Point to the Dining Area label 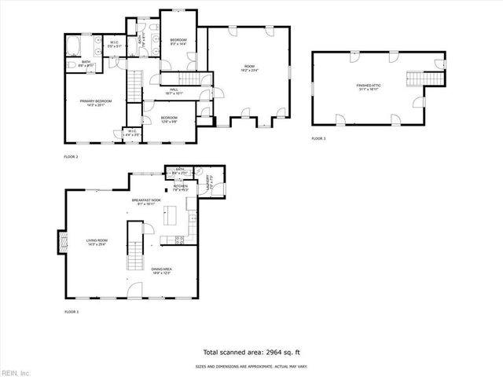tap(161, 271)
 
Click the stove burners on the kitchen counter tap(179, 240)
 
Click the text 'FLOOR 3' tap(318, 138)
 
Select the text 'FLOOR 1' tap(72, 312)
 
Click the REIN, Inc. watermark tap(16, 372)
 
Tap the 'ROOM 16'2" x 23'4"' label tap(250, 68)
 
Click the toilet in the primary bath tap(71, 64)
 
